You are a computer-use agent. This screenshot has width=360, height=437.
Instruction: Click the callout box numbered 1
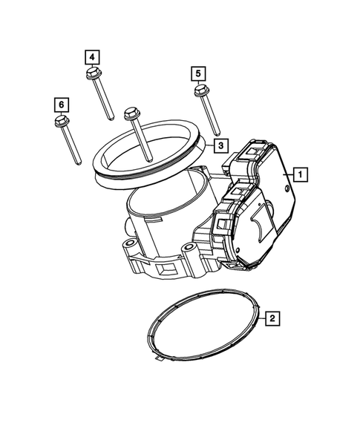tap(301, 175)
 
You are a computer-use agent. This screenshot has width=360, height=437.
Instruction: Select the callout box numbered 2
tap(273, 318)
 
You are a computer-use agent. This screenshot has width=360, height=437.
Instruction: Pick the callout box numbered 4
tap(91, 56)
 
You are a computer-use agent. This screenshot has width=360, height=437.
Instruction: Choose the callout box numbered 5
tap(198, 73)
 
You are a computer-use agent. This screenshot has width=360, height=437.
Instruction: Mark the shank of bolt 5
tap(210, 117)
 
